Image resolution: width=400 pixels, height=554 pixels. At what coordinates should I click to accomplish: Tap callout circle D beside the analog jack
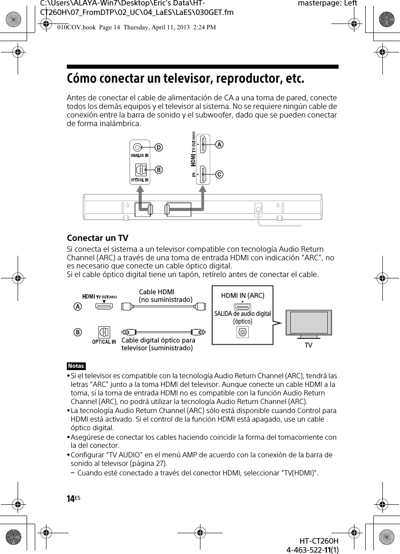tap(159, 147)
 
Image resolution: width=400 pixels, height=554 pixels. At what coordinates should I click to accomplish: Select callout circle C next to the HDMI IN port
tap(219, 174)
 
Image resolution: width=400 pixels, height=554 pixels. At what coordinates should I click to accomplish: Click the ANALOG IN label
tap(140, 156)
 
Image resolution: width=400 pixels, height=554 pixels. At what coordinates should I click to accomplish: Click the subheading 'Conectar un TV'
tap(98, 238)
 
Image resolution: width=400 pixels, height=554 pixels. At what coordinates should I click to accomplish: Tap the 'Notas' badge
tap(76, 366)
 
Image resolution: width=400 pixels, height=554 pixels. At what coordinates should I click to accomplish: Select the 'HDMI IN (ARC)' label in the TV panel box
tap(242, 296)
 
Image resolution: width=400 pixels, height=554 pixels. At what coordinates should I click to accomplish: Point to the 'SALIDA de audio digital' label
tap(242, 314)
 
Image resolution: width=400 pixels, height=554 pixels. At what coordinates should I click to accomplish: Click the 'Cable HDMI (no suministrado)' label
tap(165, 296)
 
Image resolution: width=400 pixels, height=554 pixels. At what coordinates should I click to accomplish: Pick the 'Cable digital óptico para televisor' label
tap(158, 344)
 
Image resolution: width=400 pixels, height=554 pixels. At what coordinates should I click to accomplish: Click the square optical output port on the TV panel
tap(242, 332)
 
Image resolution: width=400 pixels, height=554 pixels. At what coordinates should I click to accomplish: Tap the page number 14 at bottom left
tap(71, 498)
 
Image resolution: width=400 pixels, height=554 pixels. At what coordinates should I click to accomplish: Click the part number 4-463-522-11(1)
tap(312, 549)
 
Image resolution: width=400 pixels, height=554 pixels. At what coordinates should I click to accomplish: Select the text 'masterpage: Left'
tap(328, 4)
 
